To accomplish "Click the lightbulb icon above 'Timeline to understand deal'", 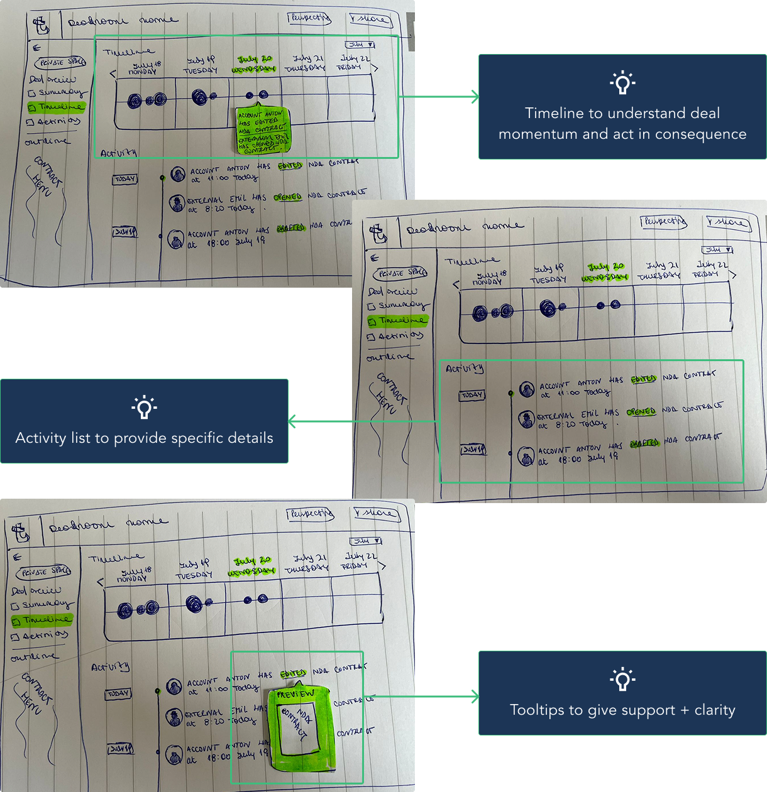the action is pyautogui.click(x=622, y=82).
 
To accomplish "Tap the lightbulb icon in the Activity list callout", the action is pyautogui.click(x=144, y=407).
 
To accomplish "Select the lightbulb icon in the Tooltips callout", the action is pyautogui.click(x=622, y=679).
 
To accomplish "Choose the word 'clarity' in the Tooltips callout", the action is pyautogui.click(x=715, y=710).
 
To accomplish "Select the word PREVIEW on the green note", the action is pyautogui.click(x=295, y=694).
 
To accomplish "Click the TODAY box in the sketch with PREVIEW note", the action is pyautogui.click(x=118, y=694).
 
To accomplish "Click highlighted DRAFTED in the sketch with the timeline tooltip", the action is pyautogui.click(x=291, y=227).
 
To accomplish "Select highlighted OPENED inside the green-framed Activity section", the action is pyautogui.click(x=641, y=412).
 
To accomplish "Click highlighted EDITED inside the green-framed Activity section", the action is pyautogui.click(x=643, y=379).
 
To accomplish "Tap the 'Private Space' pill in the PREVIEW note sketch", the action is pyautogui.click(x=43, y=572).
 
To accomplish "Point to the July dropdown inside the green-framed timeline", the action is pyautogui.click(x=360, y=45).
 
